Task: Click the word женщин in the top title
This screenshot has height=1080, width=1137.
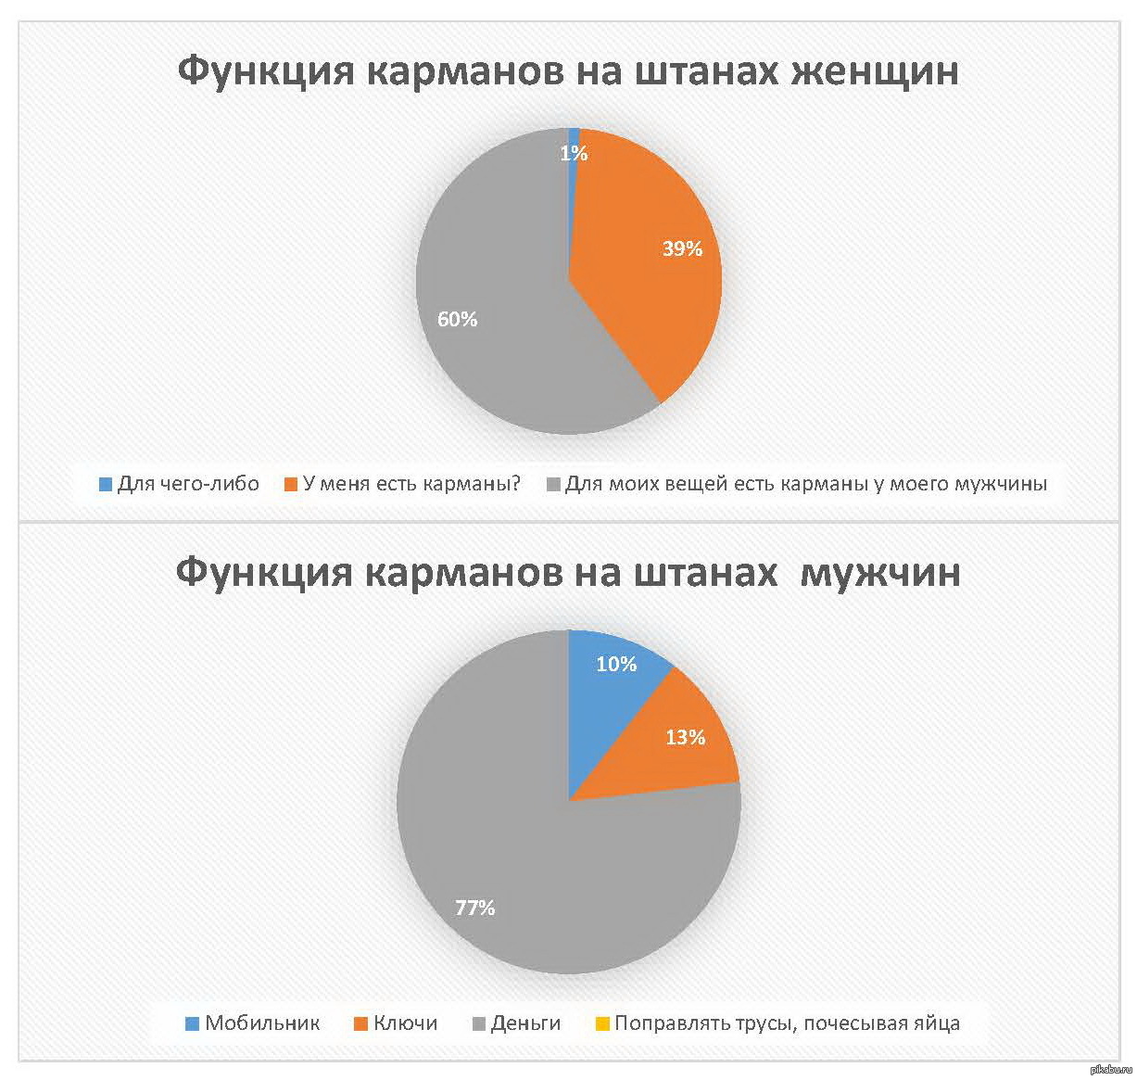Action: click(x=873, y=70)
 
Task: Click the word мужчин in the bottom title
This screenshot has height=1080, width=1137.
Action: click(x=879, y=572)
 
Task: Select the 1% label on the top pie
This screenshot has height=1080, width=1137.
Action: click(x=574, y=154)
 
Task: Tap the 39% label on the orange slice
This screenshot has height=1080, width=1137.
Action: click(x=682, y=248)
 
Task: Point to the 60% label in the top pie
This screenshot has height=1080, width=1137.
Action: click(x=458, y=320)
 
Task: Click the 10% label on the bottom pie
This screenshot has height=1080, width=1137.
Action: click(x=616, y=664)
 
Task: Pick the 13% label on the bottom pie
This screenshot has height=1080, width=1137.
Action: click(x=686, y=737)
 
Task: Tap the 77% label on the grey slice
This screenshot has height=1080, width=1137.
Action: click(x=474, y=908)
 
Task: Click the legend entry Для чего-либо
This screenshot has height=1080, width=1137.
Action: click(x=188, y=483)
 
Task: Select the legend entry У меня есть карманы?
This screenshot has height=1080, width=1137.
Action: click(x=411, y=483)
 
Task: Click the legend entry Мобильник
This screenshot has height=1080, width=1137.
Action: click(x=262, y=1023)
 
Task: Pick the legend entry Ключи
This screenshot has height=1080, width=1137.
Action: click(x=405, y=1023)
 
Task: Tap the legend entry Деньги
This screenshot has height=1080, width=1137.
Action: click(x=525, y=1023)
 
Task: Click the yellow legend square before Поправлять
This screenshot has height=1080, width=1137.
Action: click(x=602, y=1024)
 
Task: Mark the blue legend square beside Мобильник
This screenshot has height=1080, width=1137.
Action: click(x=193, y=1024)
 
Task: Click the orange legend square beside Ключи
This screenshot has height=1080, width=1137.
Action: click(x=361, y=1024)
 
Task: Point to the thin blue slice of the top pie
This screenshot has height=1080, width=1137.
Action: click(x=574, y=134)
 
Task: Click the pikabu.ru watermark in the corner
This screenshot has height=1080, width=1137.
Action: click(x=1112, y=1070)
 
